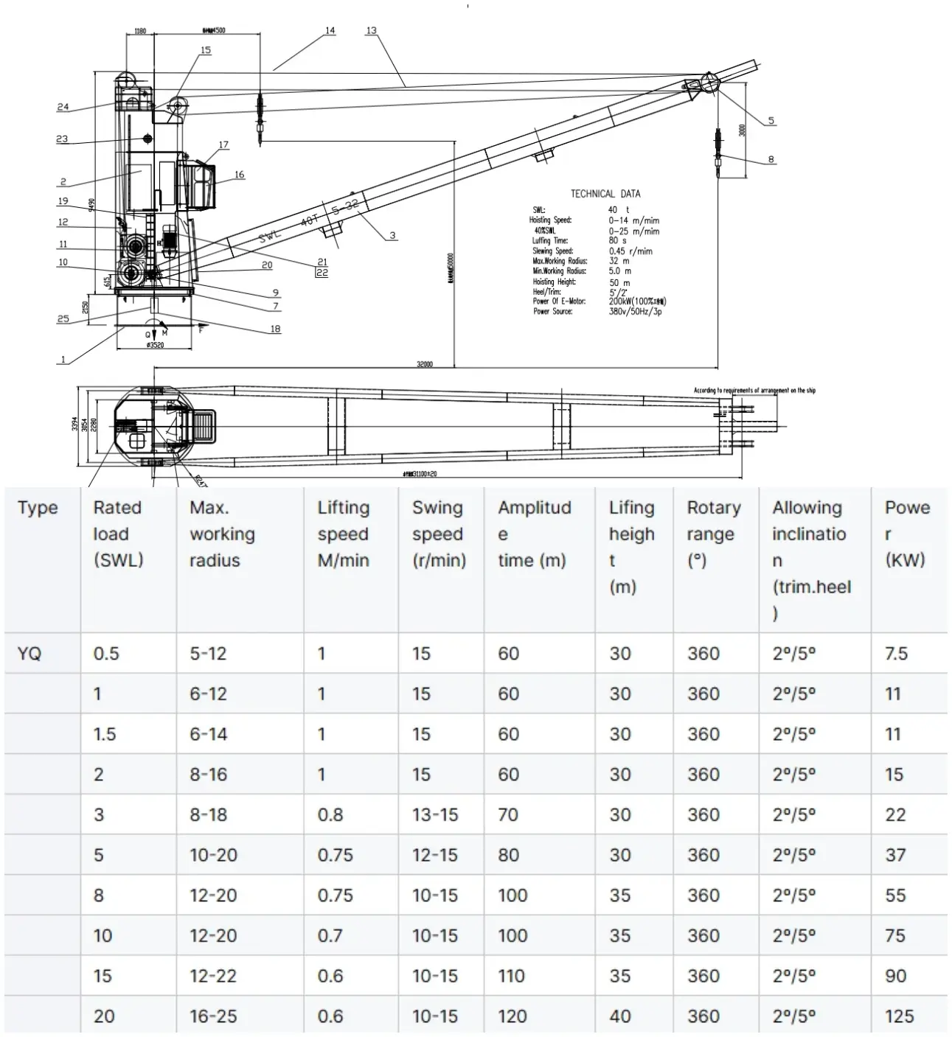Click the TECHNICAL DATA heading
pos(605,194)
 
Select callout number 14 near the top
pos(330,31)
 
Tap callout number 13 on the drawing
pos(371,31)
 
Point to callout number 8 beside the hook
pos(771,159)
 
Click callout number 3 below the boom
pos(392,235)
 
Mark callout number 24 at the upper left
pos(63,107)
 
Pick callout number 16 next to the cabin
pos(239,175)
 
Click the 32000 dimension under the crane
pos(425,364)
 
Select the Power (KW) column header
pos(906,534)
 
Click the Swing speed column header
pos(439,534)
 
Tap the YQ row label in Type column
pos(29,654)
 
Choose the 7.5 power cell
pos(896,654)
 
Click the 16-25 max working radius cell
pos(213,1016)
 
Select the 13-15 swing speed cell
pos(434,815)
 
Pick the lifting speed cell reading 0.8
pos(330,815)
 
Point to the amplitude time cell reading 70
pos(509,815)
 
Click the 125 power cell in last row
pos(899,1016)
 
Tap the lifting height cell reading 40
pos(620,1016)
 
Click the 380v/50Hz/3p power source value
pos(635,312)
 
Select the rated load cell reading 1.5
pos(105,734)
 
